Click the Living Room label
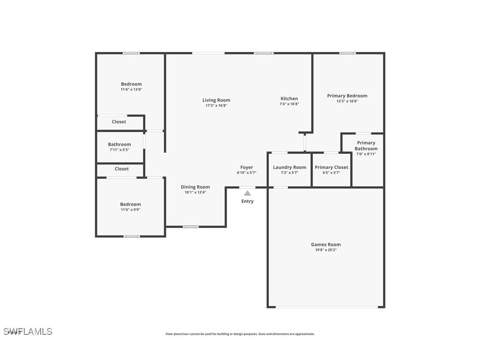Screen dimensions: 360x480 pos(216,100)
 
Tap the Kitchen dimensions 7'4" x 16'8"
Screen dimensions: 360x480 pos(289,104)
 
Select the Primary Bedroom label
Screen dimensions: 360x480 pos(347,96)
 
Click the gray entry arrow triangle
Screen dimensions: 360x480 pos(248,193)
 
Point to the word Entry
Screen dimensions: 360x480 pos(248,201)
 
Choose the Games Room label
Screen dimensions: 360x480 pos(326,245)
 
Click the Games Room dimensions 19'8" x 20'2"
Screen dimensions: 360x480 pos(326,250)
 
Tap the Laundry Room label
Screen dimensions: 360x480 pos(290,167)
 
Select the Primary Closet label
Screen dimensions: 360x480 pos(331,167)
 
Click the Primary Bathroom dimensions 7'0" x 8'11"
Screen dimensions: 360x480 pos(366,154)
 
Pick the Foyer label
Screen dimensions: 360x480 pos(247,167)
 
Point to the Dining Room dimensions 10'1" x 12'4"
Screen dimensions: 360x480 pos(195,192)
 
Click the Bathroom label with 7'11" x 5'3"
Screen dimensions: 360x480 pos(119,144)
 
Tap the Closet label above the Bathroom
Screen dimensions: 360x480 pos(119,122)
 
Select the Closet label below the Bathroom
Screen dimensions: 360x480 pos(122,169)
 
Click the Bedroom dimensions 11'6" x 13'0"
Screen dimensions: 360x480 pos(131,89)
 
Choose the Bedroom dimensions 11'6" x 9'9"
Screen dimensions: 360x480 pos(130,210)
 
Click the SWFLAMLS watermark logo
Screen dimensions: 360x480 pos(28,331)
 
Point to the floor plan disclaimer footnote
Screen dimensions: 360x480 pos(240,334)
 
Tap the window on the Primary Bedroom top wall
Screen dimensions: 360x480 pos(347,53)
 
